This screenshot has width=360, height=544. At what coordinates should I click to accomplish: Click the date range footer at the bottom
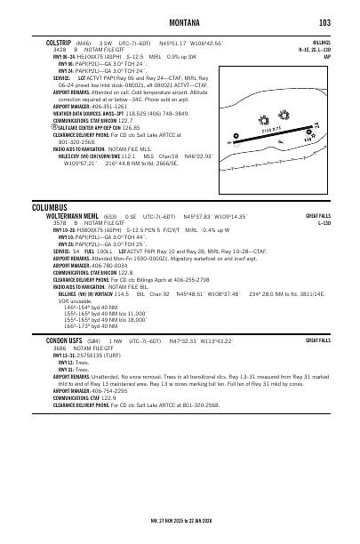click(x=180, y=524)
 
